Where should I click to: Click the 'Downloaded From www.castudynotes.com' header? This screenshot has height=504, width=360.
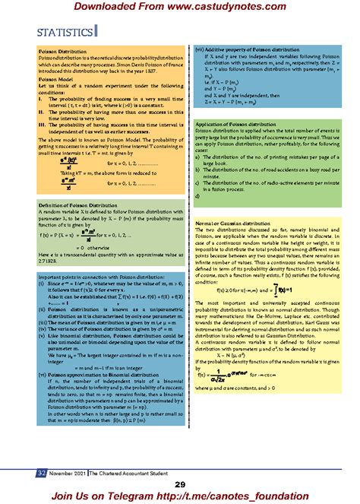179,8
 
